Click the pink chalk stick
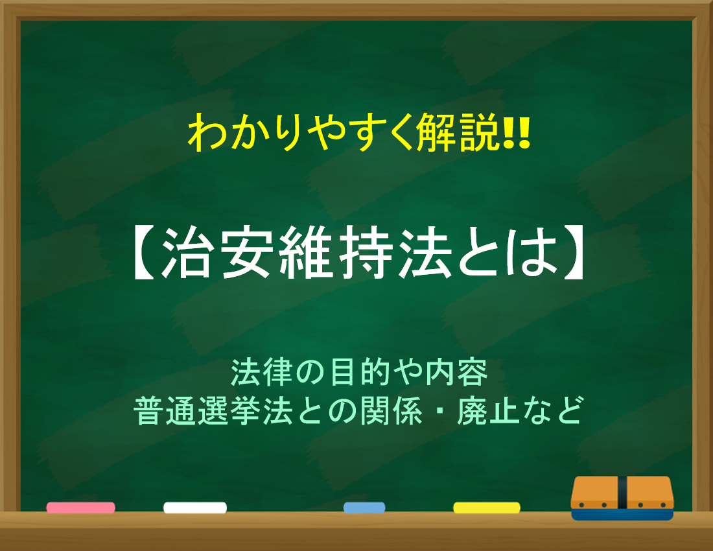[x=80, y=508]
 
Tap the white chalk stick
[x=195, y=508]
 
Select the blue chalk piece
[x=364, y=508]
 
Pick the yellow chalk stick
[x=487, y=508]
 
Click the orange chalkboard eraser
[x=622, y=498]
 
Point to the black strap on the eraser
[x=622, y=493]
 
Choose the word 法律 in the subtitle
[x=261, y=372]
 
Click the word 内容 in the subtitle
[x=457, y=372]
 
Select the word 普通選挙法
[x=213, y=410]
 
